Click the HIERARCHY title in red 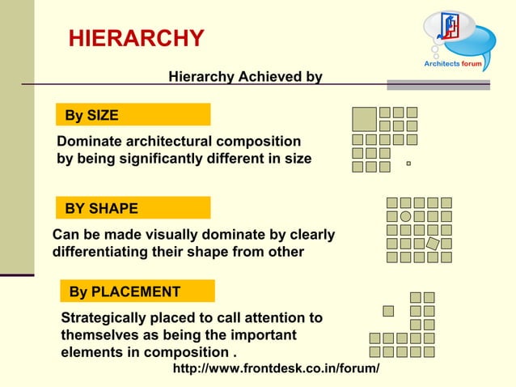[x=136, y=38]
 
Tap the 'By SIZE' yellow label [x=92, y=115]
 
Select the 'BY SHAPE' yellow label [x=102, y=208]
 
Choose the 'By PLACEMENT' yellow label [x=125, y=291]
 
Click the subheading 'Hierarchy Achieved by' [x=245, y=77]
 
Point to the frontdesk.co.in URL [x=277, y=369]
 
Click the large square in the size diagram [x=365, y=119]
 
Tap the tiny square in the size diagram [x=409, y=164]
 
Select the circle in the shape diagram [x=405, y=216]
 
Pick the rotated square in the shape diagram [x=433, y=243]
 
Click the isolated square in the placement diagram [x=388, y=311]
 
